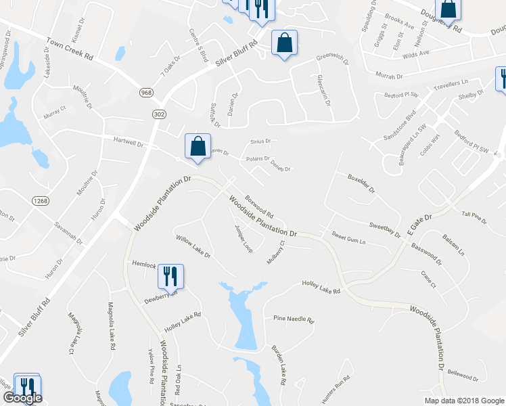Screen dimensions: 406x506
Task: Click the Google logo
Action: tap(22, 398)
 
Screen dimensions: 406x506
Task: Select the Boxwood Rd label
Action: tap(259, 202)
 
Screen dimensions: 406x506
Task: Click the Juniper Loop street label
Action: tap(242, 238)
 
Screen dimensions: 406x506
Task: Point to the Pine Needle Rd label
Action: tap(294, 319)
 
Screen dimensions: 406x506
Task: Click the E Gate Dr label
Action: tap(419, 223)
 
